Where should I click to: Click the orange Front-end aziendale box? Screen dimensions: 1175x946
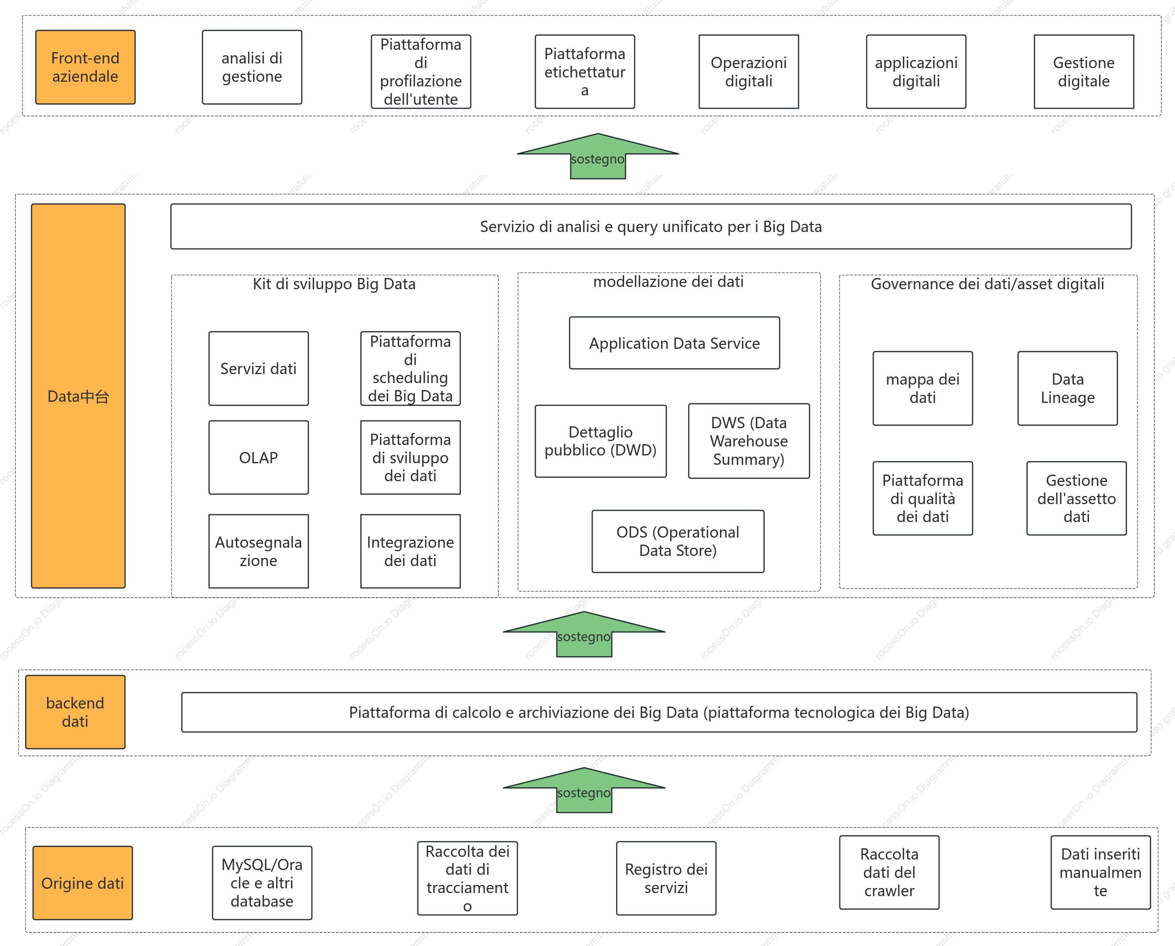pos(85,67)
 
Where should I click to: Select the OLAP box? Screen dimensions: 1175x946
pos(259,457)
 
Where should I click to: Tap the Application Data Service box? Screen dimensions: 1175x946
pos(674,343)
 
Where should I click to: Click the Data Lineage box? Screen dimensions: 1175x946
pos(1067,388)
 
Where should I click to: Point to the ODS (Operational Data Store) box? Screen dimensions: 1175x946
pos(677,541)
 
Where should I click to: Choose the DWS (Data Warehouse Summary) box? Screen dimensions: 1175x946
pos(749,441)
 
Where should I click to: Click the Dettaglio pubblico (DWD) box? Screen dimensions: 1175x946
pos(601,441)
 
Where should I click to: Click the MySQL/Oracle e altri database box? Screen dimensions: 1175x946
pos(262,883)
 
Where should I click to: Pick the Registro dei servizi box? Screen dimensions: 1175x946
pos(666,878)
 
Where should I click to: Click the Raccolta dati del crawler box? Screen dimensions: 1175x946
pos(889,872)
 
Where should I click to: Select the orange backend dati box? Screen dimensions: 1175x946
pos(75,712)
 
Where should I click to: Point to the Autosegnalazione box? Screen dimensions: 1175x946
pos(259,551)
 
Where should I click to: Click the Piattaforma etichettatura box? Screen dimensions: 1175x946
pos(585,71)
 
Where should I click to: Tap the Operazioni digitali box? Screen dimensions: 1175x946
pos(749,71)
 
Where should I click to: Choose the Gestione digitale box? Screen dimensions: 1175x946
pos(1084,71)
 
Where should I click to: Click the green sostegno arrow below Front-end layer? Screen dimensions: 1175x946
pos(598,156)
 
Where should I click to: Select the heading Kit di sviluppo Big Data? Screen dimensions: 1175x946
pos(334,284)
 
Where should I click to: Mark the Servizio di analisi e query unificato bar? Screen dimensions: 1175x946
pos(651,226)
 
